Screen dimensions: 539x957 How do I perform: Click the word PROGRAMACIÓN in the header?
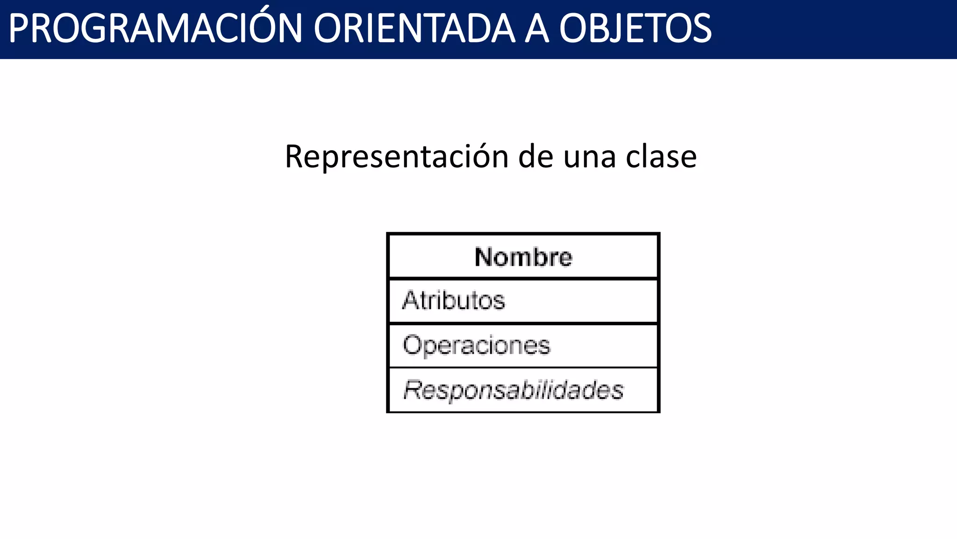[x=156, y=29]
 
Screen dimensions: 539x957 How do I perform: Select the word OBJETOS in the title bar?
[x=635, y=29]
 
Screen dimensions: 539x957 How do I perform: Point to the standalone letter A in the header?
[x=536, y=29]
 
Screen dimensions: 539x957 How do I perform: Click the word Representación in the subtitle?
[x=396, y=157]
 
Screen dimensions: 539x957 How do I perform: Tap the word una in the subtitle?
[x=589, y=157]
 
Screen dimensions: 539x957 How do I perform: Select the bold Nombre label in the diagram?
[x=523, y=257]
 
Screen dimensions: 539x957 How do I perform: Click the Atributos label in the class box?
[x=454, y=300]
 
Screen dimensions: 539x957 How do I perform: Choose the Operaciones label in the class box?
[x=476, y=346]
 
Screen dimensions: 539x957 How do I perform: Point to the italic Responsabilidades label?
[x=513, y=390]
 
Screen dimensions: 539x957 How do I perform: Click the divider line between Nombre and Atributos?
[x=523, y=279]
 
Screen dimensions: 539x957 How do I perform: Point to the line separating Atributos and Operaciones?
[x=523, y=323]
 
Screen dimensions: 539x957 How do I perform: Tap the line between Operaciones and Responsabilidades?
[x=523, y=368]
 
